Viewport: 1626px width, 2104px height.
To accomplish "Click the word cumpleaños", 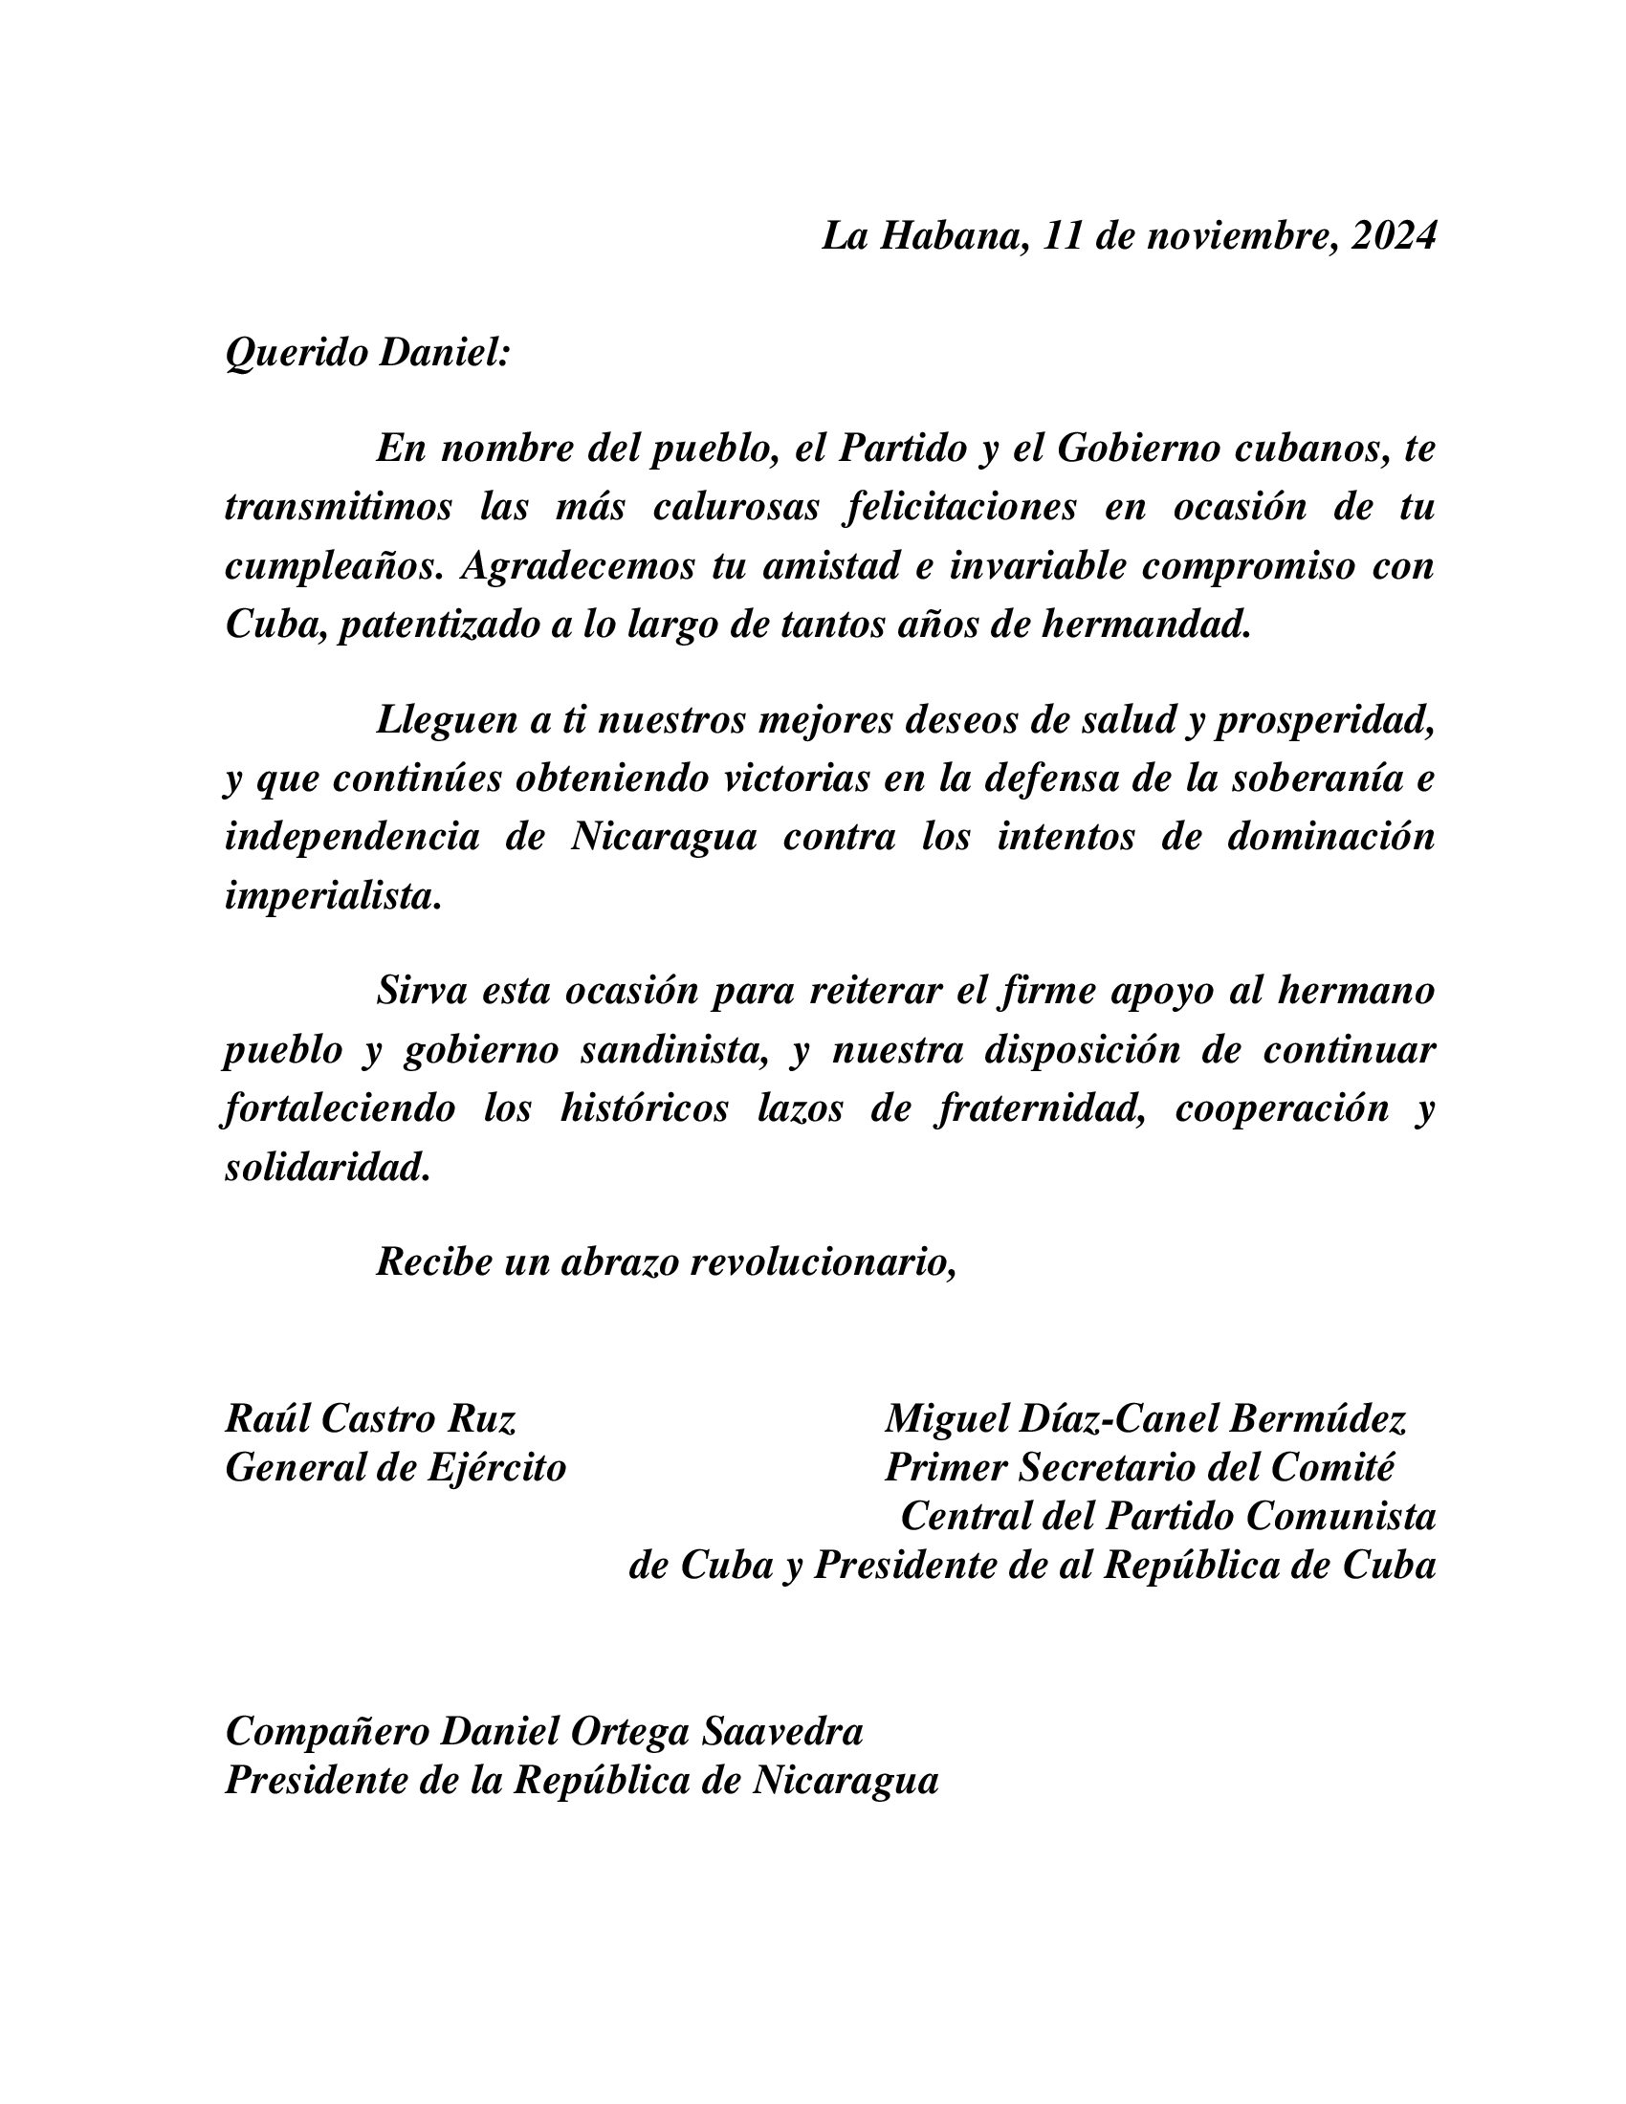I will pyautogui.click(x=327, y=567).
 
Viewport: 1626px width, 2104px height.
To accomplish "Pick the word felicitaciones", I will pyautogui.click(x=959, y=508).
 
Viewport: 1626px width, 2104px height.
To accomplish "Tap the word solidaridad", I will pyautogui.click(x=326, y=1169).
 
